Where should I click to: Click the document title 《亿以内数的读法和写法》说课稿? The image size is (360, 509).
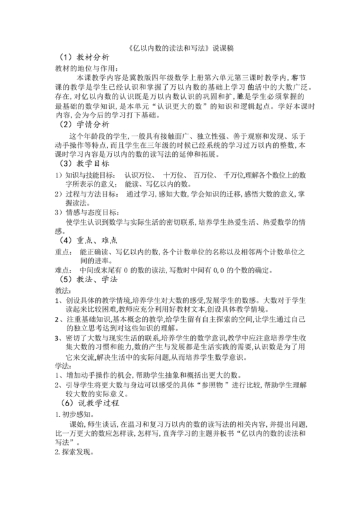179,46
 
